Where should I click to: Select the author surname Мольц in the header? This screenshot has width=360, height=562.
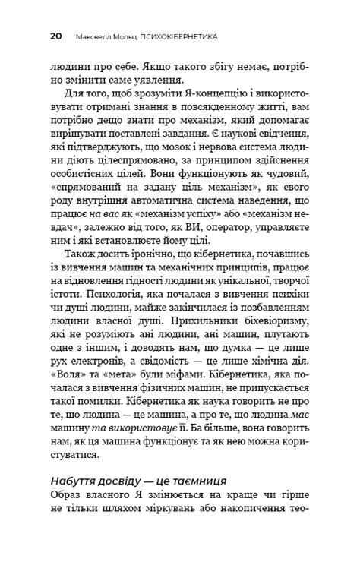click(128, 36)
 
